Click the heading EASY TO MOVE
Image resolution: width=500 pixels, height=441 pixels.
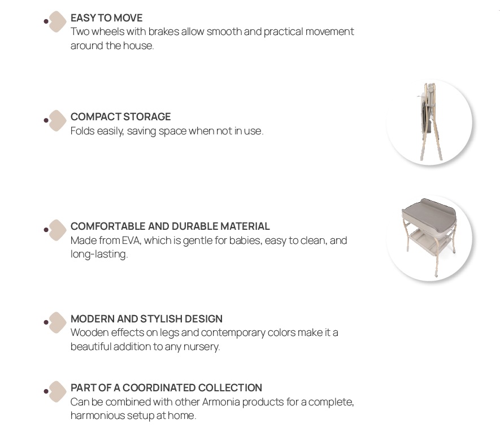107,18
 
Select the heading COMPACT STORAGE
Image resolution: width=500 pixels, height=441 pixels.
120,117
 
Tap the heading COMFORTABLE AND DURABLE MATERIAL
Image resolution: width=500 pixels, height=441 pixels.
170,226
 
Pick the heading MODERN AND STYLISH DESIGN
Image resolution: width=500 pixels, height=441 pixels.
146,318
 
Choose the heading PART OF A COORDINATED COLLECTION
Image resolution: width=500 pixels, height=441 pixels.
166,387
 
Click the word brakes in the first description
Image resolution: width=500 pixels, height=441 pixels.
164,32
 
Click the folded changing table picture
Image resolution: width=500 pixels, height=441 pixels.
429,122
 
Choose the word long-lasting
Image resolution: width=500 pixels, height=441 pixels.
99,254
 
